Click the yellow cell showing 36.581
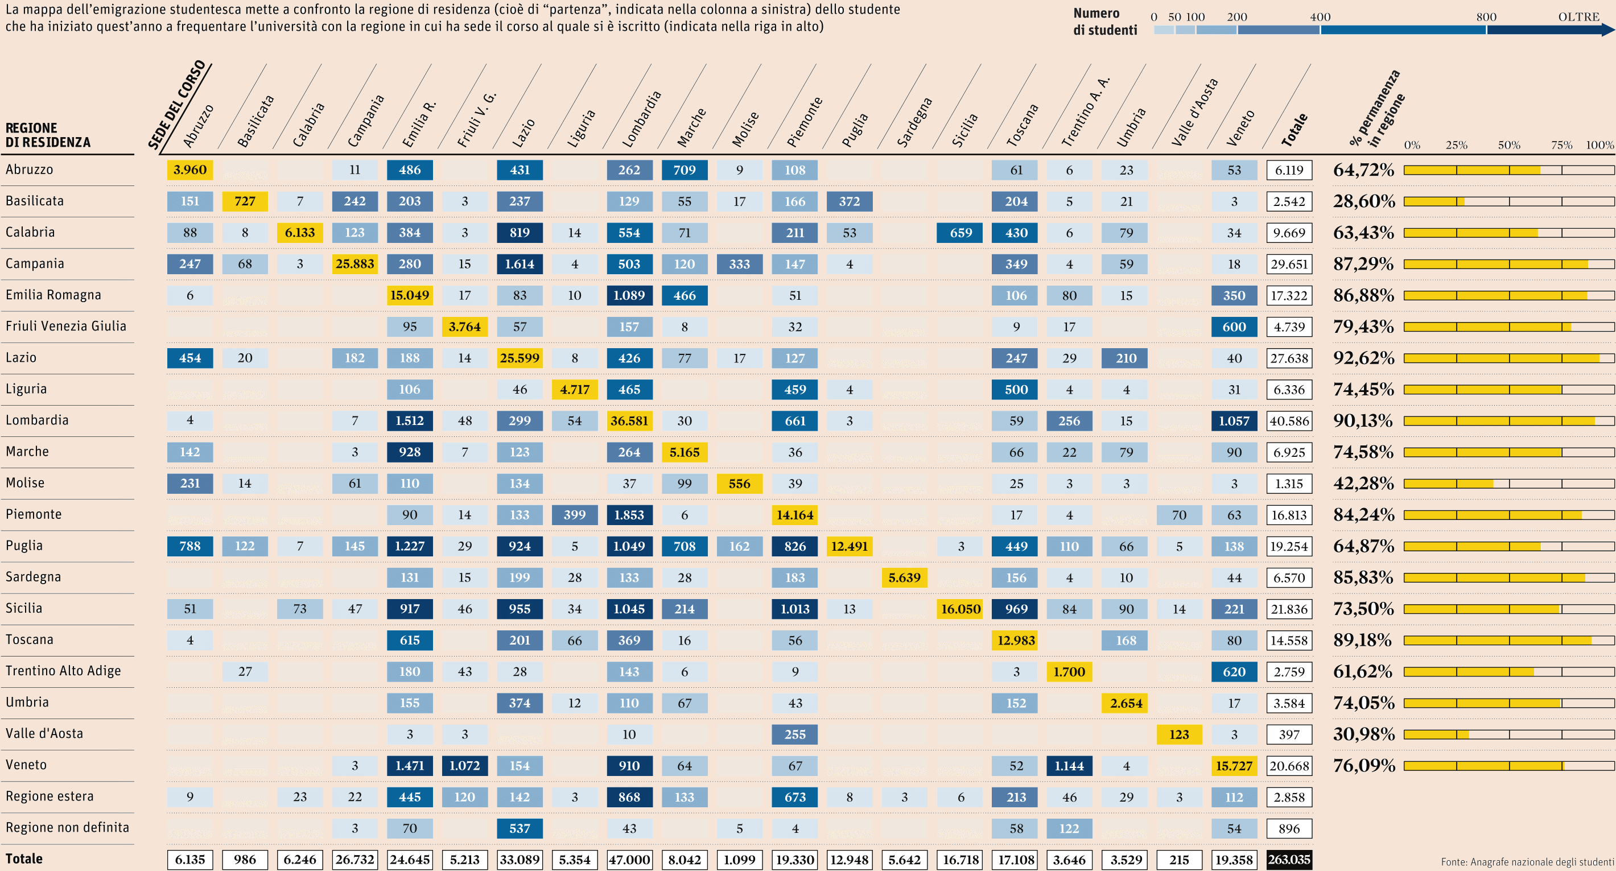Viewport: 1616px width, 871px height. coord(629,421)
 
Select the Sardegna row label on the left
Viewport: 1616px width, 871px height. coord(33,577)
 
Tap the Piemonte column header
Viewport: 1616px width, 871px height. coord(804,122)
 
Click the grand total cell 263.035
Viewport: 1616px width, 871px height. coord(1289,860)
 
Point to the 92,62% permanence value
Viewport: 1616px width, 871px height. coord(1363,358)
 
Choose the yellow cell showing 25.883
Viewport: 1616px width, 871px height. coord(354,264)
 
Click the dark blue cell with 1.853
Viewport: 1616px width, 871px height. coord(629,515)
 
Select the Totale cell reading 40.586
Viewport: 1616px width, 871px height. coord(1289,421)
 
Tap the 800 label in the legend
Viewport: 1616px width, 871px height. coord(1486,17)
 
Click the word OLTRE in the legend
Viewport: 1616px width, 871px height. coord(1578,17)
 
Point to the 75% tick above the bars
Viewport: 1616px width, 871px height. coord(1561,145)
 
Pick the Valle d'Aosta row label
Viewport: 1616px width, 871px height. coord(44,734)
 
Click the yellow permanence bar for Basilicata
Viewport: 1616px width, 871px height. coord(1434,202)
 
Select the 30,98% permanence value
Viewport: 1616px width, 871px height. coord(1363,734)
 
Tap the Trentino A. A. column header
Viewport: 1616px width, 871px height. coord(1085,113)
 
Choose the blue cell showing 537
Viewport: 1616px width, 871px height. coord(520,828)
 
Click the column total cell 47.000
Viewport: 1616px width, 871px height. coord(629,860)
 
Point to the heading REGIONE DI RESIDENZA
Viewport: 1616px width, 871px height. coord(48,135)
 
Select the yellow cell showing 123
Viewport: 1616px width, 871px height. coord(1179,734)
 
